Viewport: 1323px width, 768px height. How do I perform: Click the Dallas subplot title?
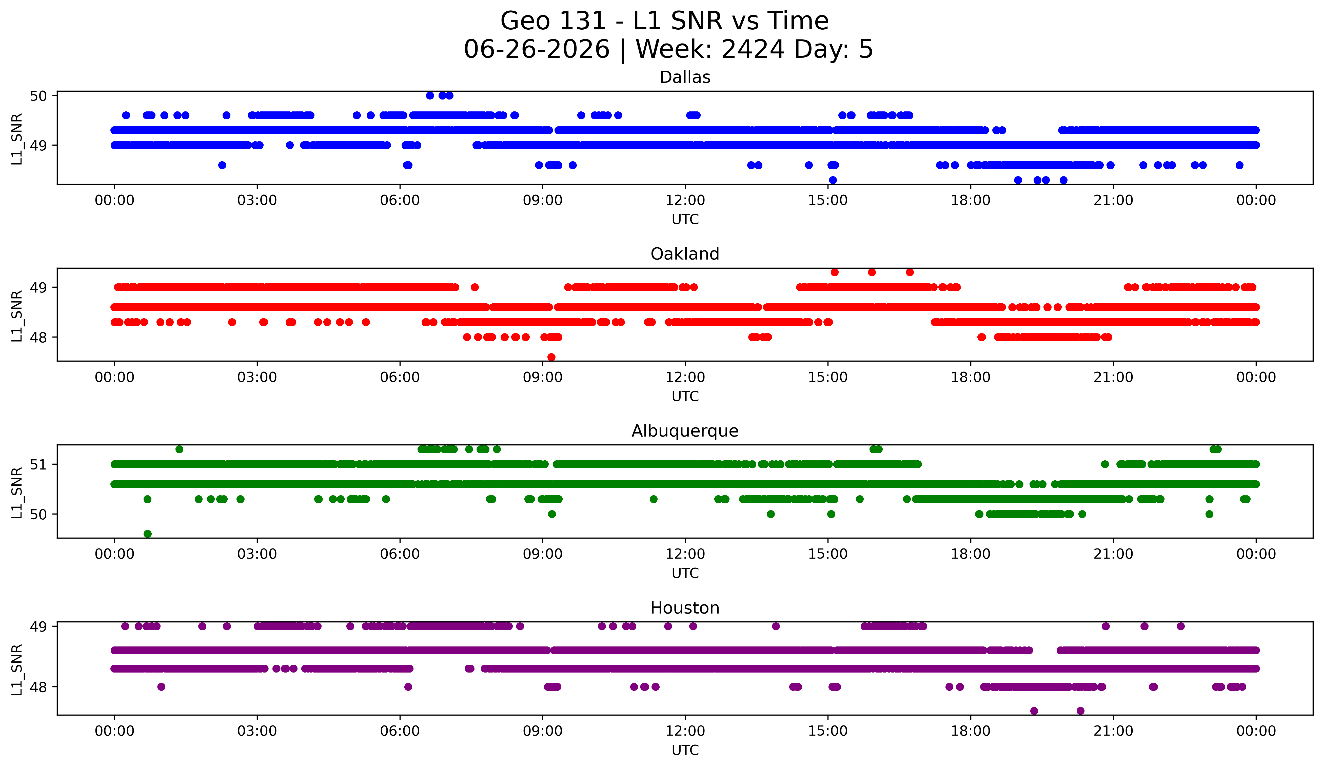coord(685,77)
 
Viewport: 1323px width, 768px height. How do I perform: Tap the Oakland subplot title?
coord(685,254)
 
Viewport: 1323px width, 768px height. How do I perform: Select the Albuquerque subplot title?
coord(685,431)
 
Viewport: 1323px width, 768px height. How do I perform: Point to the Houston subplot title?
coord(685,608)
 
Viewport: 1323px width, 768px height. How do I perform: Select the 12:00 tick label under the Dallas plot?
coord(685,200)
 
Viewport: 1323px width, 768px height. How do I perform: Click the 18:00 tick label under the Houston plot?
coord(970,731)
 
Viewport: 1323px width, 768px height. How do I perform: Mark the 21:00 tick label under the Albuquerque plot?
coord(1113,554)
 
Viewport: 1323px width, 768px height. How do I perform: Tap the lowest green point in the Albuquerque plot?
coord(148,534)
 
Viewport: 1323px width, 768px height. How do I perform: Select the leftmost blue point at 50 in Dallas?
coord(430,95)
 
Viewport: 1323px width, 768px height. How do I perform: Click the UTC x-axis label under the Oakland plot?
coord(685,396)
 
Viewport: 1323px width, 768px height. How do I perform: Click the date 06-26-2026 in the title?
coord(537,49)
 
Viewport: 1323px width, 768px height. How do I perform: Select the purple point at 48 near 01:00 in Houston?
coord(161,687)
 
